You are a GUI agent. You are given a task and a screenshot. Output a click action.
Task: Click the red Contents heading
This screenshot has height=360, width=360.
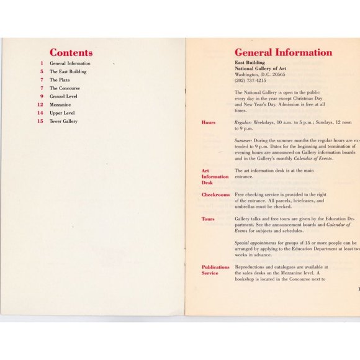(71, 53)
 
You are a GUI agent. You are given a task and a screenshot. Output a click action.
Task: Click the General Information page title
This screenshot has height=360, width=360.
(283, 53)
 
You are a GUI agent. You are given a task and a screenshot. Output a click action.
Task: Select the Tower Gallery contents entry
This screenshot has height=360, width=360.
(63, 122)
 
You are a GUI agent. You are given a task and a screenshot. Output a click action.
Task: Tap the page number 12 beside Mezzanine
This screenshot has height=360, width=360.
(40, 105)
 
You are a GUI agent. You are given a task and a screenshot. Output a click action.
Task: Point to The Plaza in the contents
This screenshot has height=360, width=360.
(60, 80)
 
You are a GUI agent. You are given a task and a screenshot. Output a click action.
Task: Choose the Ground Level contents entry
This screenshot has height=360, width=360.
(64, 97)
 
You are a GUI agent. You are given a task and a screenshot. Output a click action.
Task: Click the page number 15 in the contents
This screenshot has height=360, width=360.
(40, 122)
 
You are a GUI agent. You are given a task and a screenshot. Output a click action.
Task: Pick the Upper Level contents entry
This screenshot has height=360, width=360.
(63, 113)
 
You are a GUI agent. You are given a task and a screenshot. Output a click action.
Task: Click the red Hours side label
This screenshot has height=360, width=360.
(209, 122)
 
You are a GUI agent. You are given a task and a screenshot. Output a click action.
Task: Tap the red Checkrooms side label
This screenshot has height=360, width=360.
(215, 195)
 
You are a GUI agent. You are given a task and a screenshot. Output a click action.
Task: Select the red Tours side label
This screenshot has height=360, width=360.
(208, 219)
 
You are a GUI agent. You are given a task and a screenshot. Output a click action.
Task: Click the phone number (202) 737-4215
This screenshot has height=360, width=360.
(250, 80)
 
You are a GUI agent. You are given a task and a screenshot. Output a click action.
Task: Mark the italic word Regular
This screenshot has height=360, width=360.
(243, 123)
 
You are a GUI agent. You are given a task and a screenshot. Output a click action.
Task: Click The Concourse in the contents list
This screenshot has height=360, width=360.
(65, 88)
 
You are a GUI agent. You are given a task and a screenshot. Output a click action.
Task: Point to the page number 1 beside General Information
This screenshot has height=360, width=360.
(42, 63)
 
